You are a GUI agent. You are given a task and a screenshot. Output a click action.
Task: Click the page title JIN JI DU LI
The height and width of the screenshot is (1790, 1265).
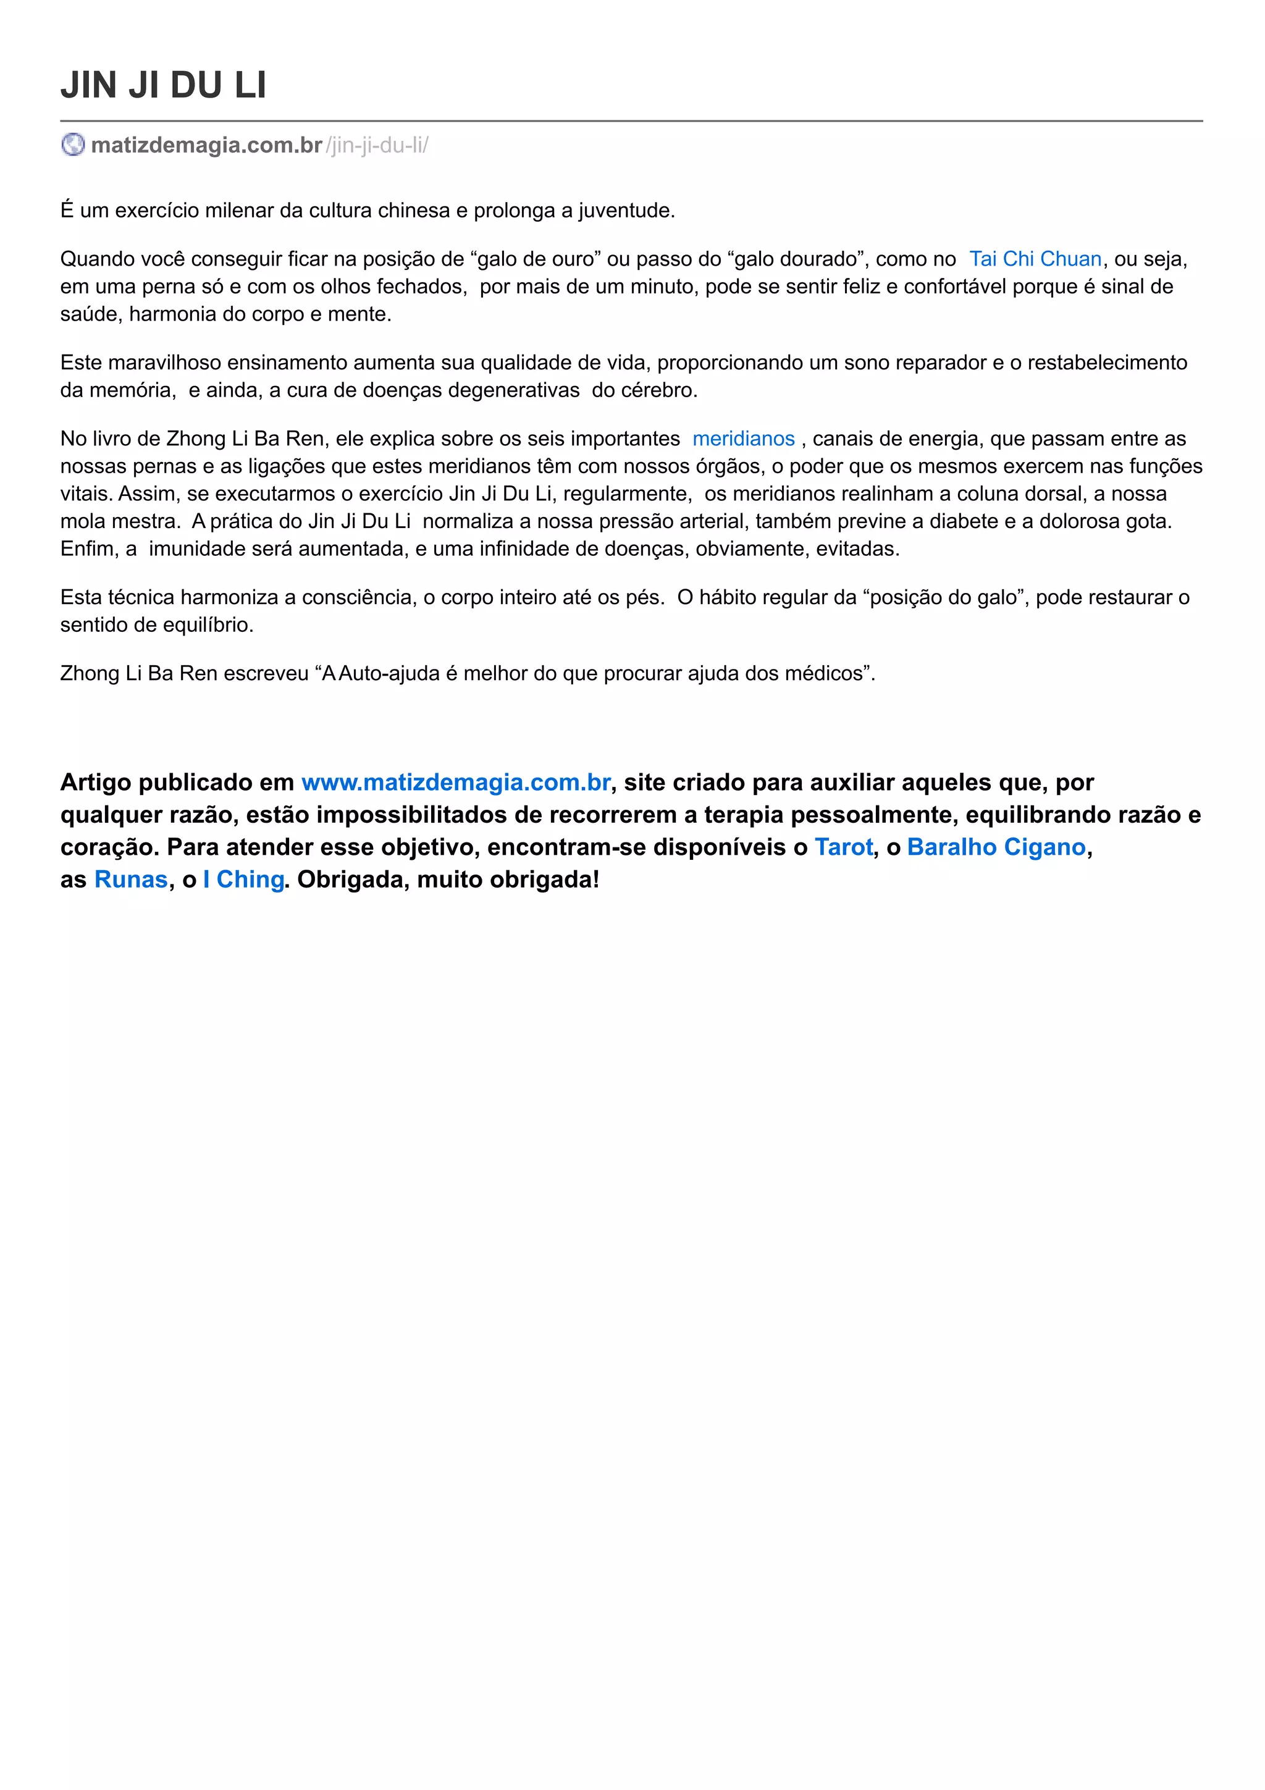click(163, 85)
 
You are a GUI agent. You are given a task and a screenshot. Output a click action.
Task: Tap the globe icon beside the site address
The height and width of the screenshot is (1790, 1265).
click(72, 145)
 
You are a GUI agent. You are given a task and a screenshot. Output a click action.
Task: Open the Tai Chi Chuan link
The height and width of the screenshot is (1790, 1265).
click(1035, 259)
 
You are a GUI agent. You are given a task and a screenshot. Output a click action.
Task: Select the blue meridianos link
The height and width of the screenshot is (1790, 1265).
click(743, 439)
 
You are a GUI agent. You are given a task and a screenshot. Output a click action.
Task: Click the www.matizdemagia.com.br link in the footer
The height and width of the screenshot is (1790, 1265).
click(456, 782)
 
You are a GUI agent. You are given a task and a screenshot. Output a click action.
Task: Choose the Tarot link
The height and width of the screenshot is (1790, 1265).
click(843, 847)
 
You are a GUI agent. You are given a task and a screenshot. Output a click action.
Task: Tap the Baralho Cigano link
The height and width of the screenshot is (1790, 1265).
click(996, 847)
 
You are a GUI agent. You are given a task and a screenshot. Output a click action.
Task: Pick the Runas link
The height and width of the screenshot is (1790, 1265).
click(131, 880)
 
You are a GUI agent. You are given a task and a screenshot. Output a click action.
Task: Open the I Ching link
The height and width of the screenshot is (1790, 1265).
click(243, 880)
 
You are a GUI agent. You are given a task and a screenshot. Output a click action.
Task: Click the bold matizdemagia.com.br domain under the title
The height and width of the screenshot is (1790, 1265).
click(206, 146)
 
